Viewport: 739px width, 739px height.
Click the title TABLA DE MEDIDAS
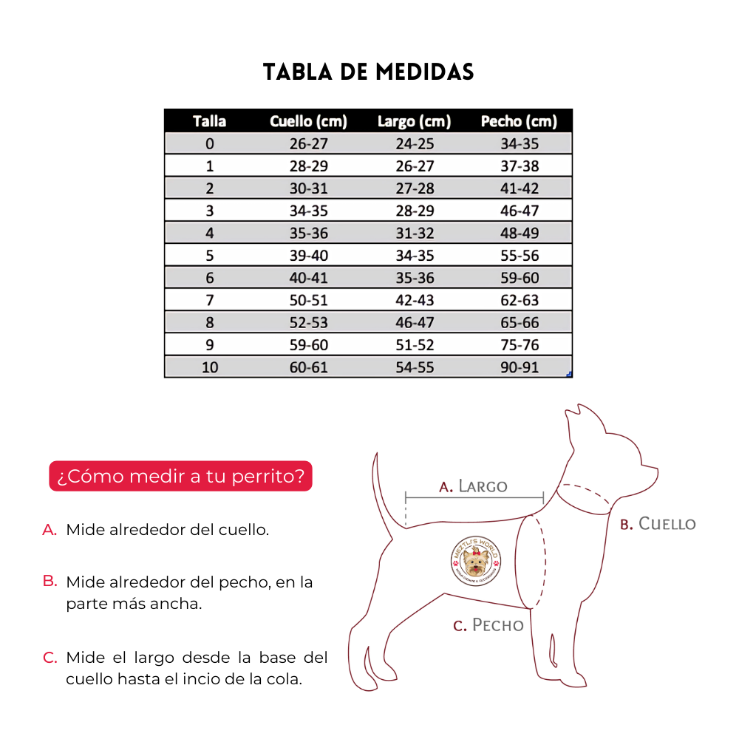click(369, 72)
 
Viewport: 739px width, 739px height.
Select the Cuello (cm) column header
click(308, 121)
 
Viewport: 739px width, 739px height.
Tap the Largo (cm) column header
click(414, 121)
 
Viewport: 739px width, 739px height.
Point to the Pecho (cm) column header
click(519, 121)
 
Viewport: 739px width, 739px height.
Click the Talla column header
click(209, 121)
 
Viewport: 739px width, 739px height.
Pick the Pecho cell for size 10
click(519, 367)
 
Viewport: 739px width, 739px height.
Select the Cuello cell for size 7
click(308, 300)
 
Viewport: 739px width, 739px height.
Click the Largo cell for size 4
click(414, 233)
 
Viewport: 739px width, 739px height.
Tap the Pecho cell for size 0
click(519, 143)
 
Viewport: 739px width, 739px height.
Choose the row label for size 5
click(209, 256)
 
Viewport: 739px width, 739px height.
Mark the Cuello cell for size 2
click(308, 188)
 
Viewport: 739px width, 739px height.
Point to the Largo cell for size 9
click(414, 345)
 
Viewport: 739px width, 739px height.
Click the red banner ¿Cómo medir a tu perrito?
click(180, 476)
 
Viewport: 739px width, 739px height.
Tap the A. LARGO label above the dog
click(473, 486)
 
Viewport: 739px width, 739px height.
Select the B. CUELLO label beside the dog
click(658, 524)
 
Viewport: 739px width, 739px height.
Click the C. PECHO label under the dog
click(488, 625)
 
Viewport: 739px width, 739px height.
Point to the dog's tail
click(384, 488)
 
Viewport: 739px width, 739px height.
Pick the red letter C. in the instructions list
click(50, 657)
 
